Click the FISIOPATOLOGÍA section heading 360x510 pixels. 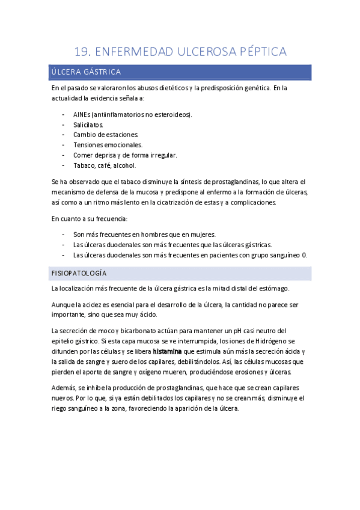pyautogui.click(x=79, y=273)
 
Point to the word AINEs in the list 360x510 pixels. pyautogui.click(x=82, y=114)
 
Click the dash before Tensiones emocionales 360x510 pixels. pyautogui.click(x=64, y=145)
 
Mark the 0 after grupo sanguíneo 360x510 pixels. pyautogui.click(x=305, y=255)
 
